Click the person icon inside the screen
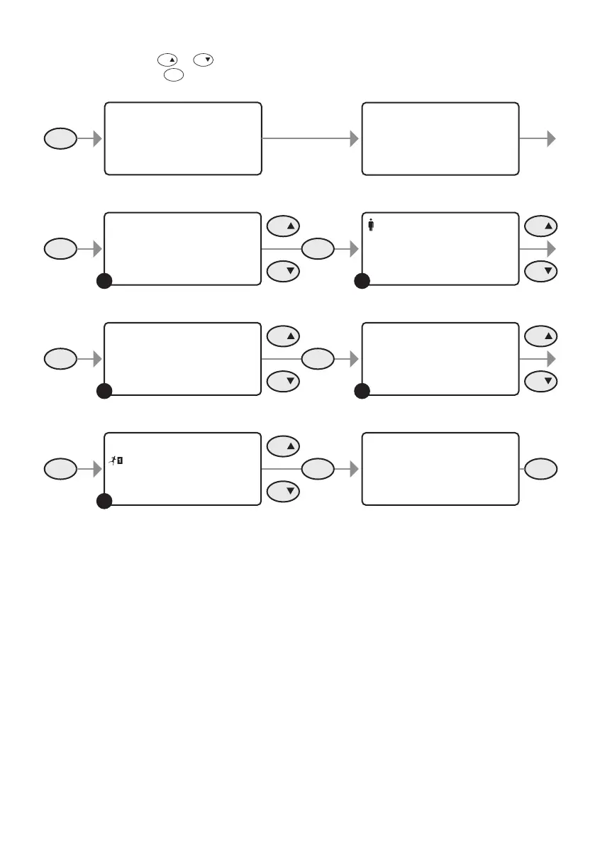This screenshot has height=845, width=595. (x=371, y=224)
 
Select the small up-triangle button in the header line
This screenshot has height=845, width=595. (x=167, y=61)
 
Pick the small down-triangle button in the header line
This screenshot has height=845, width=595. (x=204, y=61)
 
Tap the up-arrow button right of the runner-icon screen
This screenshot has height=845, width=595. (x=284, y=446)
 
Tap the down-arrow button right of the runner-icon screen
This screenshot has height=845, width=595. (x=284, y=491)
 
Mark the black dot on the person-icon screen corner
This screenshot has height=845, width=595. (x=362, y=282)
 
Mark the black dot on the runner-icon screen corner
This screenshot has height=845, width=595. (x=104, y=502)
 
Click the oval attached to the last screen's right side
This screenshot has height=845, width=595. (x=542, y=468)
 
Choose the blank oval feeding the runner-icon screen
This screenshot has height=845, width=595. (x=60, y=468)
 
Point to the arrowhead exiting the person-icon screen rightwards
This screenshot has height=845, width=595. (x=550, y=248)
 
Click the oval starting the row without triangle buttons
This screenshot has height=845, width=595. (x=60, y=139)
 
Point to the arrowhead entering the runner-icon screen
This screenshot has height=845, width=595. (x=98, y=468)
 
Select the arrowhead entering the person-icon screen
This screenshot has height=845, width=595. (x=355, y=248)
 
